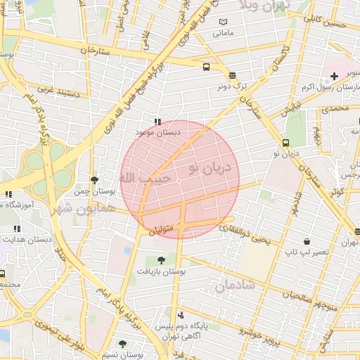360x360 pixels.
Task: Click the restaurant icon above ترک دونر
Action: click(x=232, y=75)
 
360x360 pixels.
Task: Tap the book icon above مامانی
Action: click(x=223, y=22)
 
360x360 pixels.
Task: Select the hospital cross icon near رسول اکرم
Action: click(x=333, y=76)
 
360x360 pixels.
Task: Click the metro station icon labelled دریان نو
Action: click(x=285, y=142)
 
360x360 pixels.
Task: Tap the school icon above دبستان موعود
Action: click(x=157, y=121)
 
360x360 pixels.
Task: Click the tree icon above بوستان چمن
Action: click(x=94, y=181)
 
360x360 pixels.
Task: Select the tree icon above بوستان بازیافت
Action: click(x=171, y=260)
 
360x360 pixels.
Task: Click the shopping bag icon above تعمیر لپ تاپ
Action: click(x=306, y=241)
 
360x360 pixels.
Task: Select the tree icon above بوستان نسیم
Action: click(x=123, y=344)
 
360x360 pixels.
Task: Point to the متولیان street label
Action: click(x=162, y=230)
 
